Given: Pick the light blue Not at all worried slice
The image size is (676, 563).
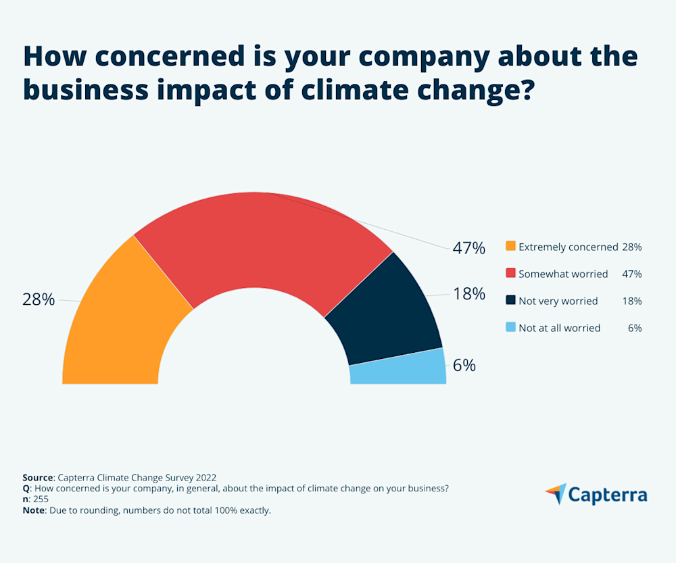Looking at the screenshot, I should point(399,368).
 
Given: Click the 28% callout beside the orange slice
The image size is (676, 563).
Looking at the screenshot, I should point(39,299).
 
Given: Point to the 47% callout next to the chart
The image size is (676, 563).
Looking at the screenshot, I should point(469,248).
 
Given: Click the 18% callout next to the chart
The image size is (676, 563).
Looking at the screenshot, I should point(469,294).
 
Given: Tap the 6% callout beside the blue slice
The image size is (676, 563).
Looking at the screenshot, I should point(464,366).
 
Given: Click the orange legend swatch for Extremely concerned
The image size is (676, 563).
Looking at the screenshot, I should point(510,246).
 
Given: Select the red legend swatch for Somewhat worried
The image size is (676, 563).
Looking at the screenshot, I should point(510,273).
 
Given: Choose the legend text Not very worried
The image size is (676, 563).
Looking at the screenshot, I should point(558,301).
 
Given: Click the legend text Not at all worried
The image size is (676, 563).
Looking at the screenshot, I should point(560,328).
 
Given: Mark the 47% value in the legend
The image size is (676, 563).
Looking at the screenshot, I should point(631,274).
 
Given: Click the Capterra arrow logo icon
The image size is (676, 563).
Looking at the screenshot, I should point(556,493).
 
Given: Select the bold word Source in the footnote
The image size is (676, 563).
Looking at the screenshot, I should point(38,476).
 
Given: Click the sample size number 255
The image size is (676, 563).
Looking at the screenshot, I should point(41,499).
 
